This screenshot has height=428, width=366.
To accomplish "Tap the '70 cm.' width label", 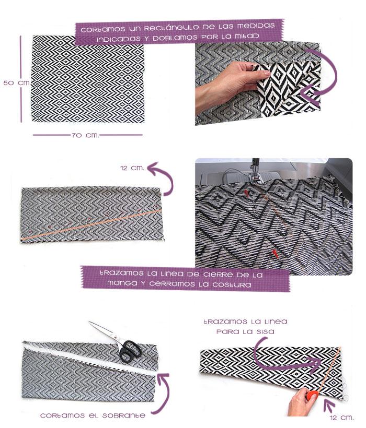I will (85, 135).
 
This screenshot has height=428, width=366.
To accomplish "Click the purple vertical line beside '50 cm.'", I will (21, 78).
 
